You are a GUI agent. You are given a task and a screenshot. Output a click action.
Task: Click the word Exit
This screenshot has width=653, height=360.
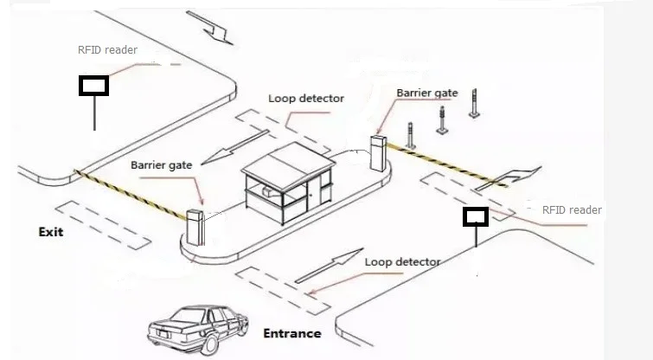click(51, 232)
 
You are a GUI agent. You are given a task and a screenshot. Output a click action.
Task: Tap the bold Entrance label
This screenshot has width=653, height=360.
click(292, 333)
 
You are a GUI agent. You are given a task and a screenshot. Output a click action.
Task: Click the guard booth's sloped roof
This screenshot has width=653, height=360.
click(289, 166)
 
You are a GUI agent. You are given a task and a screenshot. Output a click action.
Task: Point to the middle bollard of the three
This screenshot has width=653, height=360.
click(442, 120)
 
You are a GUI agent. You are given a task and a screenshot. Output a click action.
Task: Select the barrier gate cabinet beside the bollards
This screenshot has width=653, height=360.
click(379, 152)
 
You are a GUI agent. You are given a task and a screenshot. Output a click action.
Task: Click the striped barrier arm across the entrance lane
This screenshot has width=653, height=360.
click(447, 164)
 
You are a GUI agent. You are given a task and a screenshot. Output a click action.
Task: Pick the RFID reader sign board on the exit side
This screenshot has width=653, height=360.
click(93, 86)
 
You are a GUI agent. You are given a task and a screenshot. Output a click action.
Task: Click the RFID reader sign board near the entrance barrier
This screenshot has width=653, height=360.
click(476, 217)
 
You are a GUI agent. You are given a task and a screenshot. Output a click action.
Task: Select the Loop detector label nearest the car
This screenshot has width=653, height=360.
click(403, 262)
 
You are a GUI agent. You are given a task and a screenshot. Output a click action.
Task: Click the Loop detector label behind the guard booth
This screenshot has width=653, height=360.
click(306, 99)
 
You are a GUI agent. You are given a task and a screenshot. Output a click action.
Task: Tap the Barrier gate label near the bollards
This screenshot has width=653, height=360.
click(427, 93)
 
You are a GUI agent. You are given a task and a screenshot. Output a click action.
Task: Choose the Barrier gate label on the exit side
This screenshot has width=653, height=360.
click(162, 165)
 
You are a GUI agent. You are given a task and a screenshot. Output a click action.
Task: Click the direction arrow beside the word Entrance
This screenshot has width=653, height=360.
click(329, 266)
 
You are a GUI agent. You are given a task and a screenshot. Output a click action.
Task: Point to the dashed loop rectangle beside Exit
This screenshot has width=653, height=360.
click(103, 225)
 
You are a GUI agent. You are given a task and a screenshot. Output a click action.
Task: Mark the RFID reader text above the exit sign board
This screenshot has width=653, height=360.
click(107, 50)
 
